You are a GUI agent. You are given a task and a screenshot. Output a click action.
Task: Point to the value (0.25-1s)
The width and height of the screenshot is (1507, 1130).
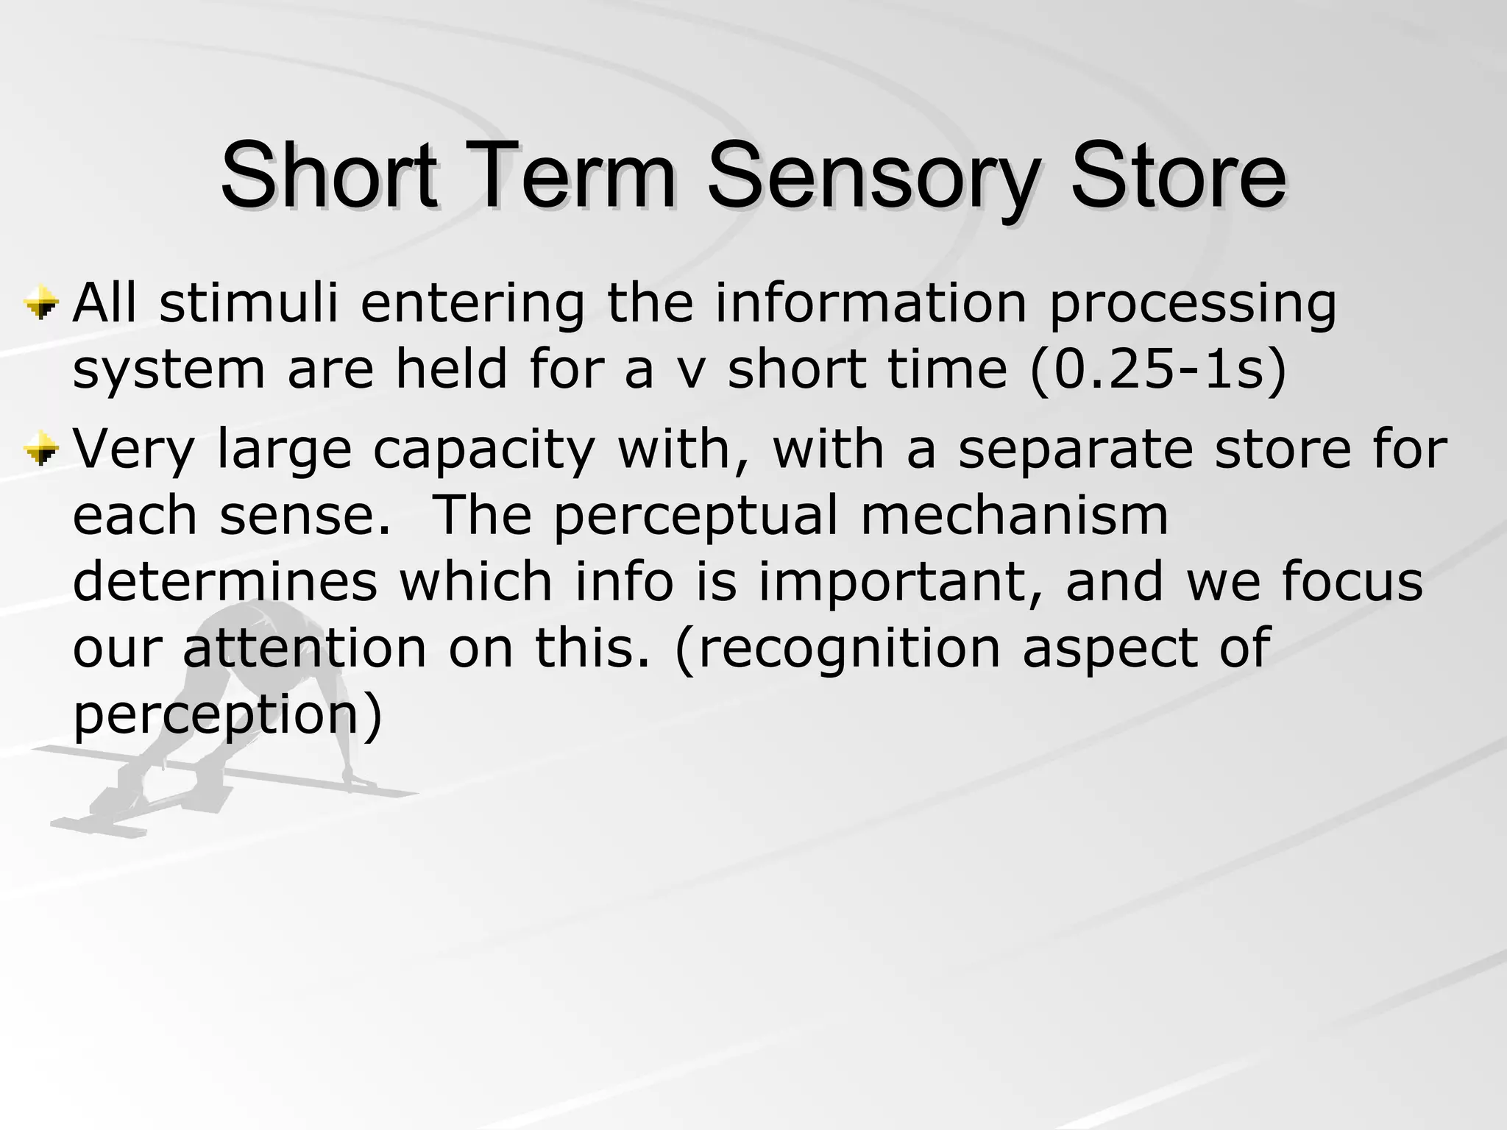coord(1158,369)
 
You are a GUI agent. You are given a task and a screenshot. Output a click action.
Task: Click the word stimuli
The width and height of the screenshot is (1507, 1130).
coord(249,303)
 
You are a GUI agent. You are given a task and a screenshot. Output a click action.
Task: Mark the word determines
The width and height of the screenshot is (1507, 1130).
coord(225,581)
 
